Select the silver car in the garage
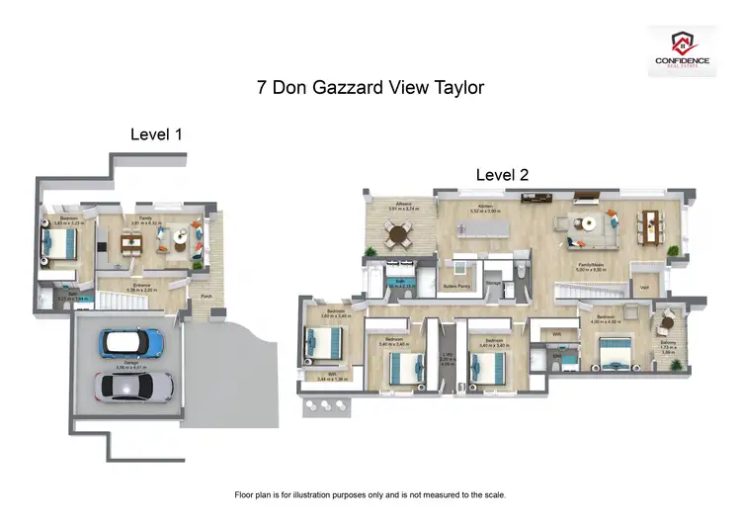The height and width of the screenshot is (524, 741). (134, 386)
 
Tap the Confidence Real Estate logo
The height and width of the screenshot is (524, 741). (682, 50)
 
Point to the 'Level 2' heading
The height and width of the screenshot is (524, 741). (502, 174)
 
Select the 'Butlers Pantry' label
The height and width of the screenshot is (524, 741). (454, 286)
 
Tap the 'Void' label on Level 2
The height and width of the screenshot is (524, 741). (644, 288)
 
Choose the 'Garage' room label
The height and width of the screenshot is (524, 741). (124, 363)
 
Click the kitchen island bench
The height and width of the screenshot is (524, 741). (481, 230)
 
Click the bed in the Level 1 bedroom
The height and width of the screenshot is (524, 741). (58, 242)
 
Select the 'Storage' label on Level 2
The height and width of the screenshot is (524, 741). (493, 283)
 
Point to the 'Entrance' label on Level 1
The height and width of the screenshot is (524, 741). (142, 286)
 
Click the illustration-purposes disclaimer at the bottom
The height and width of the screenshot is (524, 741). (370, 494)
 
